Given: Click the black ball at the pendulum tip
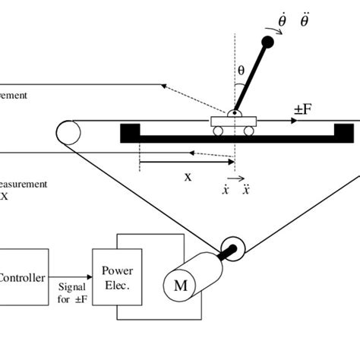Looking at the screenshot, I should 267,43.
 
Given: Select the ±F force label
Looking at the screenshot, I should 303,109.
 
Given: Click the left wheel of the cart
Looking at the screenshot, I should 218,131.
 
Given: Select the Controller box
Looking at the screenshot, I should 24,278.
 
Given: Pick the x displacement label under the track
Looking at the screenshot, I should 187,175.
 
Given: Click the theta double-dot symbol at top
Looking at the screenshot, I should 305,22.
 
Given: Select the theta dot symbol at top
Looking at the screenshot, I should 283,22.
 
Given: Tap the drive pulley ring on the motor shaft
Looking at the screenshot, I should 231,248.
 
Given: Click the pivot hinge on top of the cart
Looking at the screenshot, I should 234,115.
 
